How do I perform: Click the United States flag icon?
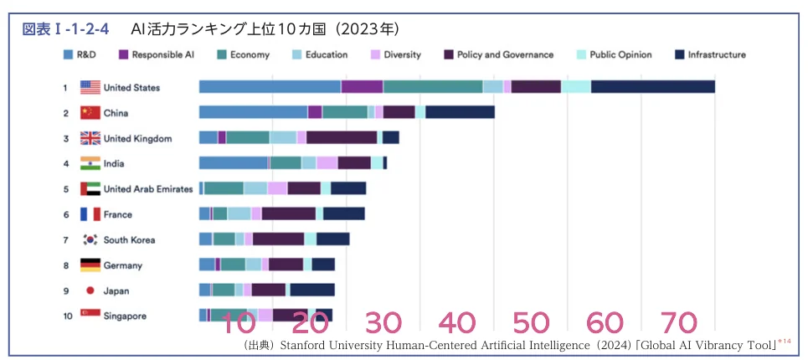click(x=90, y=87)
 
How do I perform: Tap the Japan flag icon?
click(x=90, y=291)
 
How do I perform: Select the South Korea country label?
click(x=129, y=239)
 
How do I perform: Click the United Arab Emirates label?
click(x=147, y=189)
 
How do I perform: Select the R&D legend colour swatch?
click(x=68, y=55)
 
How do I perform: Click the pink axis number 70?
click(x=679, y=323)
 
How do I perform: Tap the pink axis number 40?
click(x=456, y=323)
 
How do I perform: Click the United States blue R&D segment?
click(x=270, y=87)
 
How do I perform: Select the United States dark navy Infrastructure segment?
click(x=652, y=87)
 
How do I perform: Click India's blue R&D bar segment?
click(x=234, y=163)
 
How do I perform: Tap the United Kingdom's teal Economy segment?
click(x=248, y=138)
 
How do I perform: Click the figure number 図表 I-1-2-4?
click(x=65, y=29)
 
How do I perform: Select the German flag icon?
click(x=90, y=265)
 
